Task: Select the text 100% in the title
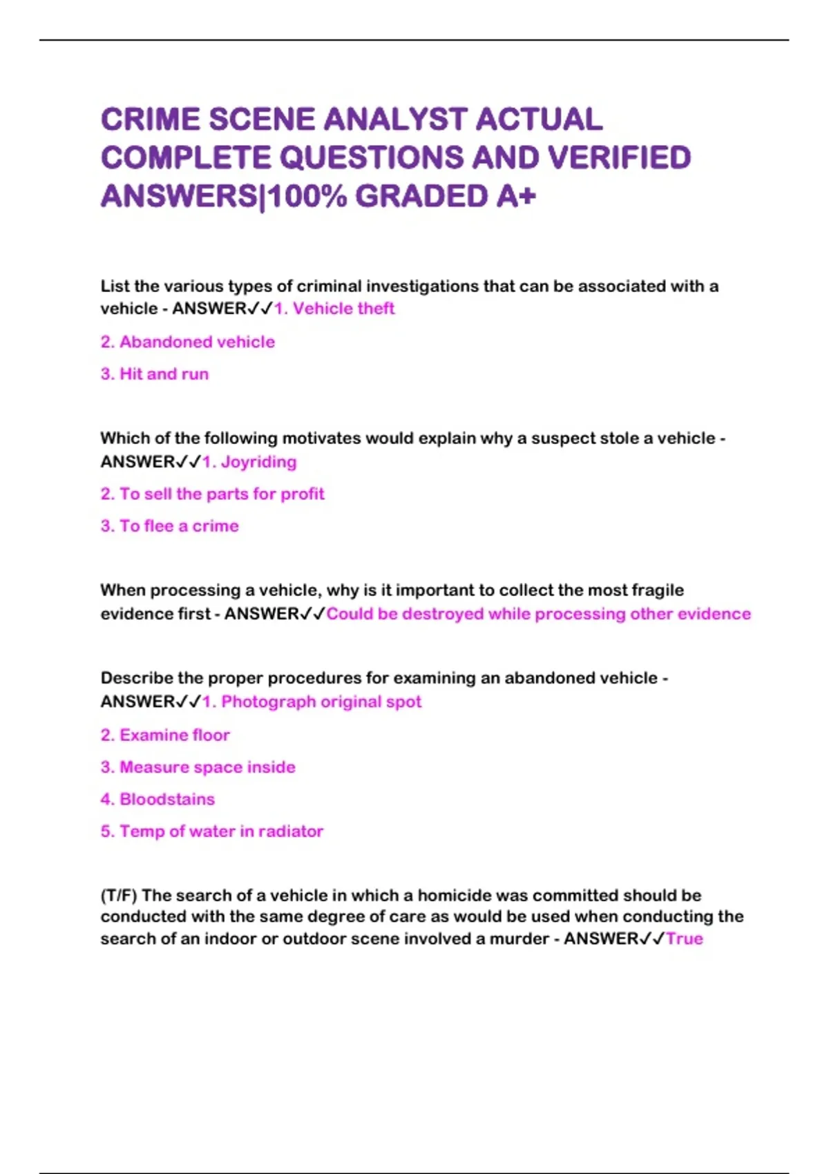pos(307,197)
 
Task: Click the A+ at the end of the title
pos(515,197)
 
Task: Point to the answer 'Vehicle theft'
pos(343,309)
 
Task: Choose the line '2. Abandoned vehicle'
pos(187,342)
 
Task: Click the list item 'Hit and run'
pos(164,374)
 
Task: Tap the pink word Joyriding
pos(258,462)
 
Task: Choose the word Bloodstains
pos(167,800)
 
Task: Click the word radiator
pos(290,831)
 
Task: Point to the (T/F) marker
pos(119,896)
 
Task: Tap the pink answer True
pos(684,939)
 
